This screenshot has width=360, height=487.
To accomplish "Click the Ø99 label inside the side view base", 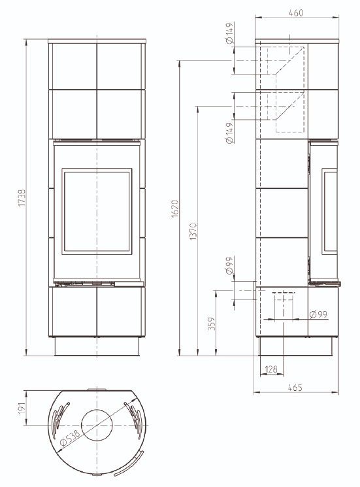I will click(318, 314).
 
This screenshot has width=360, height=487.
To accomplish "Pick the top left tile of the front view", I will click(72, 63).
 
